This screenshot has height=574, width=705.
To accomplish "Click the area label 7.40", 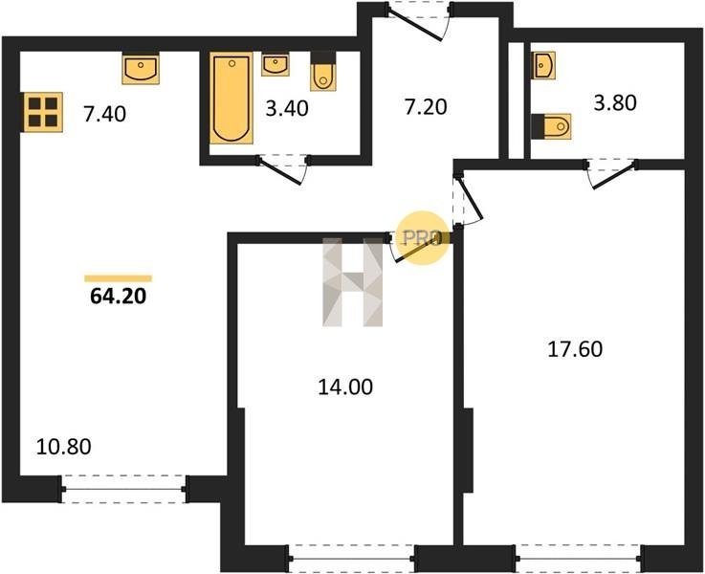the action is [105, 114].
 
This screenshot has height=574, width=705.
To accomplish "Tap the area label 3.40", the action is [287, 109].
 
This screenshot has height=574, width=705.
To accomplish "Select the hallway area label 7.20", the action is [426, 107].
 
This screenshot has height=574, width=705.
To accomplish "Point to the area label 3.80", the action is [615, 103].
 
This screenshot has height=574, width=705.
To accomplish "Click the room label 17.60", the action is [575, 349].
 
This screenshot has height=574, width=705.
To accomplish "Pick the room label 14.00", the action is [345, 387].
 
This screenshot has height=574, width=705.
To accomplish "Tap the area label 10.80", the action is [63, 447].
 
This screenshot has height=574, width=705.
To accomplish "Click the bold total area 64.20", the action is [119, 297].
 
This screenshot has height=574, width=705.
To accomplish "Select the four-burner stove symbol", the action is [43, 112].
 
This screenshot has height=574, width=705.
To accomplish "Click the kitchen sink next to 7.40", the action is [141, 69].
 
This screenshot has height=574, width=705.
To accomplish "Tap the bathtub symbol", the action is [231, 98].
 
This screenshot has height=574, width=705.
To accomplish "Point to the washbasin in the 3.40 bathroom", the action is [275, 64].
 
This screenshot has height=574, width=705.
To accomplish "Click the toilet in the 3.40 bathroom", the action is [323, 72].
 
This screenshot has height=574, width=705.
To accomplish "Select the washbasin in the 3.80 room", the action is [543, 65].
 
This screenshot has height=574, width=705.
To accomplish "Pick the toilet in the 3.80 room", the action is [551, 126].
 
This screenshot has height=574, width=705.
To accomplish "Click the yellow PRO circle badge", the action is [423, 238].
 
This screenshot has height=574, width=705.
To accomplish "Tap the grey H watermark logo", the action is [352, 282].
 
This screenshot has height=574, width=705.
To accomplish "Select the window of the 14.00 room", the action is [351, 559].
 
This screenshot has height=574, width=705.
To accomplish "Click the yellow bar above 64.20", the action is [119, 278].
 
